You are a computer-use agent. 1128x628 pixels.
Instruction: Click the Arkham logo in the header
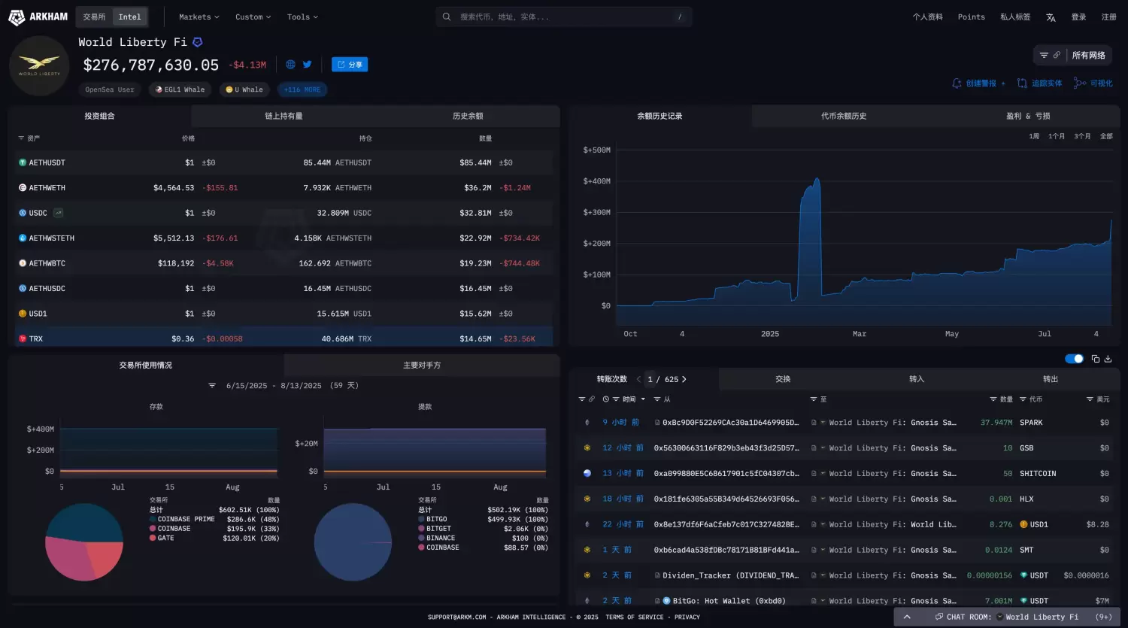tap(38, 17)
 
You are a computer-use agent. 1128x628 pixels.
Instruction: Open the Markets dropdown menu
tap(199, 17)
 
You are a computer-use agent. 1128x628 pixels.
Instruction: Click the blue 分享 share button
tap(350, 65)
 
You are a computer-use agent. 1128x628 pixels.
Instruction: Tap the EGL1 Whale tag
tap(180, 89)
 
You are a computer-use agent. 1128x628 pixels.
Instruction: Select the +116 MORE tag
tap(302, 89)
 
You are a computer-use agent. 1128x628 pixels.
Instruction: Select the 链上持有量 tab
tap(284, 116)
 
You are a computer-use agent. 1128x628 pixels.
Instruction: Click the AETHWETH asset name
tap(47, 188)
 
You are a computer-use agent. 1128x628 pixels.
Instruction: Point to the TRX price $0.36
tap(183, 339)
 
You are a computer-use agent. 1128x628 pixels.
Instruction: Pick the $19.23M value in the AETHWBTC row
tap(475, 263)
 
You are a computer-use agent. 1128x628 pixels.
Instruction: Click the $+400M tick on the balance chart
tap(596, 181)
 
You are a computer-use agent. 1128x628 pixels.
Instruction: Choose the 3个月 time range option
tap(1082, 136)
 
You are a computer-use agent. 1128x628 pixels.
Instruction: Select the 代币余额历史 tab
tap(844, 116)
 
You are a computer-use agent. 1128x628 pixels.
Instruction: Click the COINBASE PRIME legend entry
tap(186, 519)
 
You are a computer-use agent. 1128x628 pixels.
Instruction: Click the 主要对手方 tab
tap(422, 365)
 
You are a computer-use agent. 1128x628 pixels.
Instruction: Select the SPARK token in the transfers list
tap(1031, 423)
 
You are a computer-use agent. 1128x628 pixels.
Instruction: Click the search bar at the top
tap(564, 17)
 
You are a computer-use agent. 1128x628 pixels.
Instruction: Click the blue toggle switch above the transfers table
tap(1074, 359)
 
